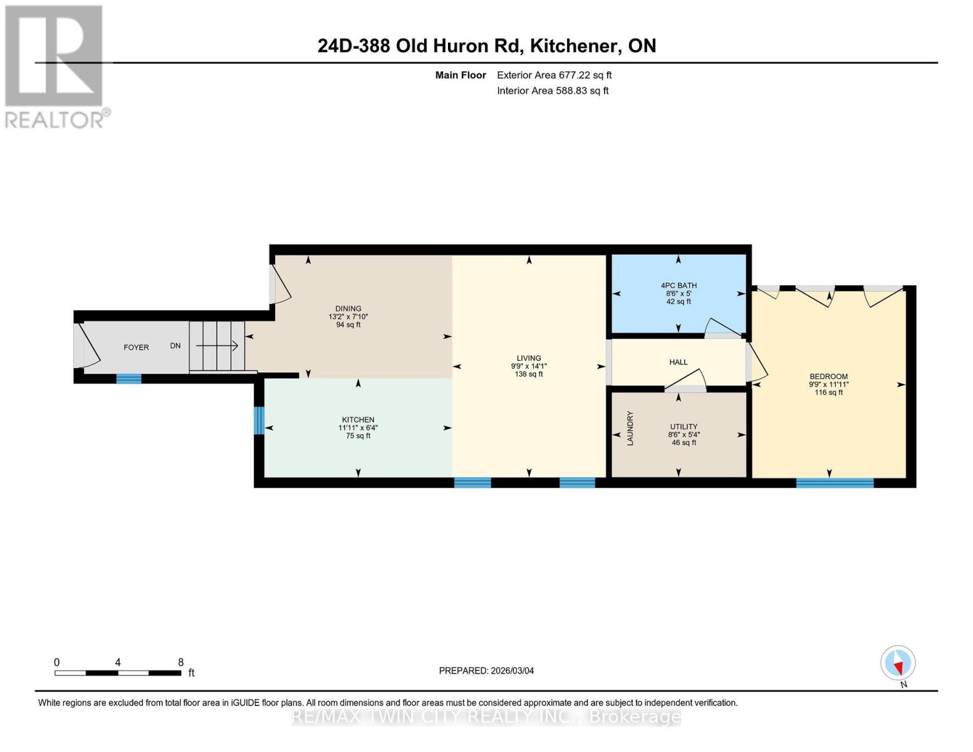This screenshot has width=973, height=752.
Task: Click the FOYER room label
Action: tap(136, 347)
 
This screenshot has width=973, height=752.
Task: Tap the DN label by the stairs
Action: tap(175, 346)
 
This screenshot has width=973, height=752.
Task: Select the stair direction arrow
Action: tap(217, 345)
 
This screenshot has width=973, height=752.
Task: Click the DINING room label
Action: tap(348, 308)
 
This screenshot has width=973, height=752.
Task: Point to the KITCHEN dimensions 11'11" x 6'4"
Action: tap(358, 428)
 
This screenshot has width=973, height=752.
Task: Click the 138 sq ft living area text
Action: tap(529, 374)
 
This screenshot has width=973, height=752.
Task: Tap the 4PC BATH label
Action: tap(679, 285)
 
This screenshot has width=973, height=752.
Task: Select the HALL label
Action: tap(679, 362)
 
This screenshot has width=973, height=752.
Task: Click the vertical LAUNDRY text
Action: tap(630, 428)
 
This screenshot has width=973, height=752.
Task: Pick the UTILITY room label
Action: tap(684, 427)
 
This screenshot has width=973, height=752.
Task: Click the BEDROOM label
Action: tap(828, 377)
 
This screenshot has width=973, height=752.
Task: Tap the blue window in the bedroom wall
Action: tap(835, 483)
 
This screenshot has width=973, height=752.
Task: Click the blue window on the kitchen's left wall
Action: tap(259, 420)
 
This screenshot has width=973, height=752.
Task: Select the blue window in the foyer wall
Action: tap(129, 379)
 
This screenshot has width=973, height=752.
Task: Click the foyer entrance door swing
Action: tap(86, 347)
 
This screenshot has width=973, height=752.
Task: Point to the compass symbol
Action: tap(898, 663)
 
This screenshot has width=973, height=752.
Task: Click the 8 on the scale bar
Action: tap(181, 662)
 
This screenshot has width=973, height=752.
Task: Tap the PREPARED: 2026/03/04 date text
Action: tap(486, 671)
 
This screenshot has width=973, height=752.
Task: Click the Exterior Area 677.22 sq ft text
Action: tap(554, 75)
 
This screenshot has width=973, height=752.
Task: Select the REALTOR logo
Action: tap(55, 66)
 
